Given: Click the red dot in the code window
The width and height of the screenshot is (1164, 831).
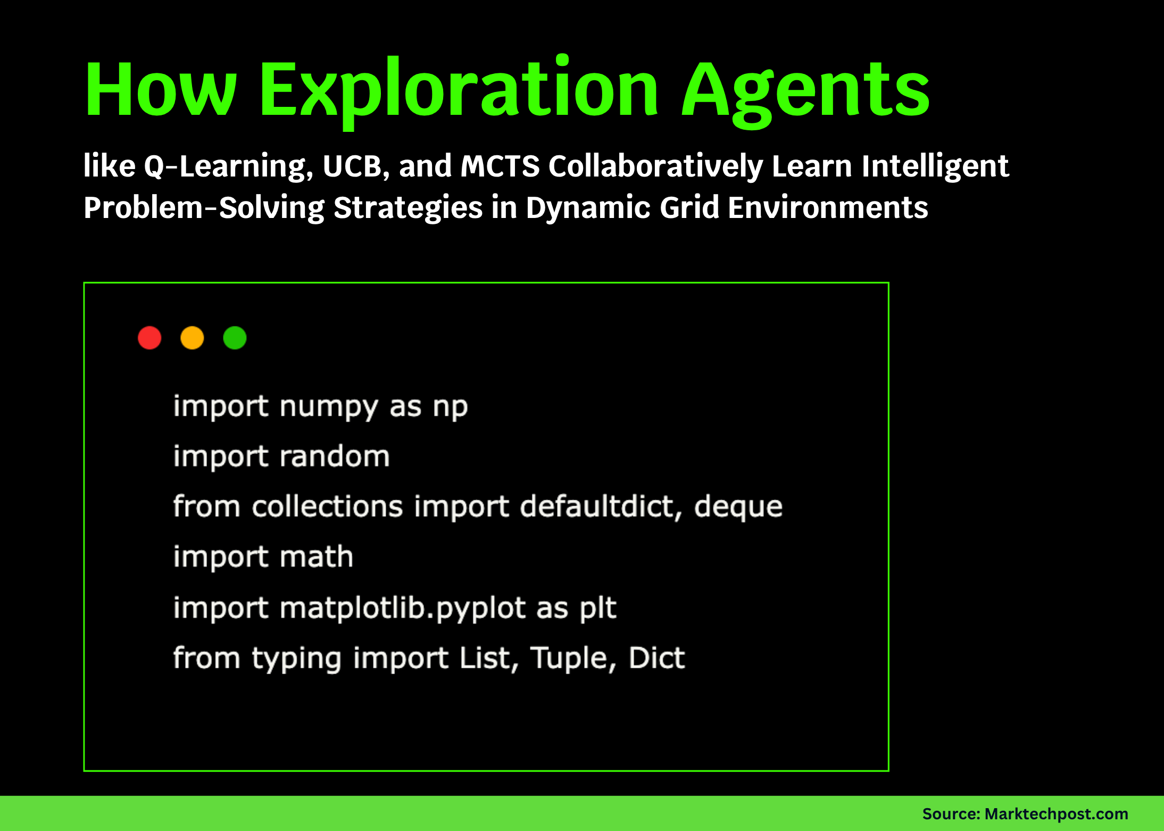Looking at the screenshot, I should pyautogui.click(x=149, y=338).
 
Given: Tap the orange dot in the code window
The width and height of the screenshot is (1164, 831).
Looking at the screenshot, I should pyautogui.click(x=192, y=338).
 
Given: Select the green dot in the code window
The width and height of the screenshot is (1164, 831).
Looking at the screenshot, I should pyautogui.click(x=235, y=338).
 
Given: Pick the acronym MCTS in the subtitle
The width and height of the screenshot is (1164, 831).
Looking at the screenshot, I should pyautogui.click(x=500, y=166).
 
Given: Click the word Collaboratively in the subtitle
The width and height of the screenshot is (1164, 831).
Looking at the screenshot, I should pyautogui.click(x=656, y=166).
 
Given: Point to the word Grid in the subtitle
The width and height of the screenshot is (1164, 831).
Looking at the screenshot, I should pyautogui.click(x=689, y=207).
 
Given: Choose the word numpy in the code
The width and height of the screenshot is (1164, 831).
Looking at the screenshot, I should pyautogui.click(x=328, y=407).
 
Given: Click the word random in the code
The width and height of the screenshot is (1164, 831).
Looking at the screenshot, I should pyautogui.click(x=335, y=457).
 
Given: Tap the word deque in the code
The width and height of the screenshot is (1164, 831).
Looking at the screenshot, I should pyautogui.click(x=738, y=507).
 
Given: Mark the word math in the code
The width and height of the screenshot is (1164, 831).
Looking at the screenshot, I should pyautogui.click(x=317, y=557).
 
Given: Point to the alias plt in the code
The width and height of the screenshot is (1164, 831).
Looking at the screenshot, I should pyautogui.click(x=598, y=608).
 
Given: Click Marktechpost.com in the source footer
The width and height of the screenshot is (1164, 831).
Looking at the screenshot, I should pyautogui.click(x=1056, y=814).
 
